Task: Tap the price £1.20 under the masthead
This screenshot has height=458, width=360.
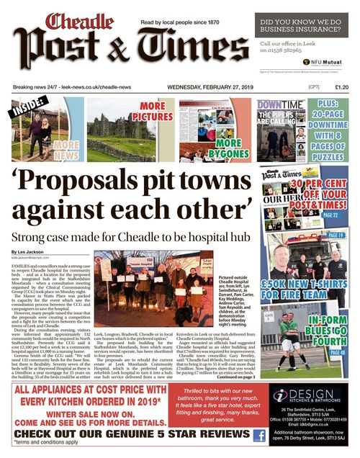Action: coord(341,87)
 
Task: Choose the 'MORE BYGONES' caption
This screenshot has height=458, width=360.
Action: coord(225,148)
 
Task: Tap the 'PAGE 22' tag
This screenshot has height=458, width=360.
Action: coord(330,215)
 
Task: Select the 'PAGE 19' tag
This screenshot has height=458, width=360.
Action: coord(336,235)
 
